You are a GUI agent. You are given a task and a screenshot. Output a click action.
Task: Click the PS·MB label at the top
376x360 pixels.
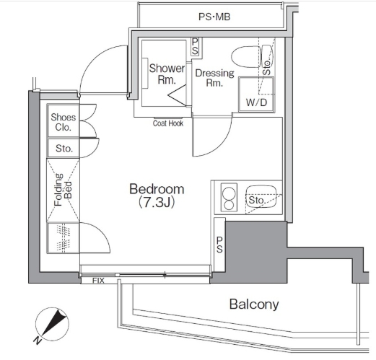214,17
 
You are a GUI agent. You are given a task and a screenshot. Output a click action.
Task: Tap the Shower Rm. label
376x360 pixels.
167,74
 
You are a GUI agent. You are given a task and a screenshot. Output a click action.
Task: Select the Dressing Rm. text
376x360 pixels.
214,78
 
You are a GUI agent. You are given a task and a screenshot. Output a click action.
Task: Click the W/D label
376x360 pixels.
256,102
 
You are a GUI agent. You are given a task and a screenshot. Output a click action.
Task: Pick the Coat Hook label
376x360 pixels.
168,123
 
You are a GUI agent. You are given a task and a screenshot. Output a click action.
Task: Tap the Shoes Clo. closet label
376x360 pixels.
63,122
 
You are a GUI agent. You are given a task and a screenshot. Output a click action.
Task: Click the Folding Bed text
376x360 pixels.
63,190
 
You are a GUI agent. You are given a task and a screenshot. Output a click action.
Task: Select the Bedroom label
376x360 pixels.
157,189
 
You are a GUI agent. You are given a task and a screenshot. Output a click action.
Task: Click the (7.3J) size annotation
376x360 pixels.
157,203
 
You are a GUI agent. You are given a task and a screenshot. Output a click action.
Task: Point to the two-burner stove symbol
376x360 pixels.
229,198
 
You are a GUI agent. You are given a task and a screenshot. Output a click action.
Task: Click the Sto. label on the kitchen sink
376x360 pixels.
257,200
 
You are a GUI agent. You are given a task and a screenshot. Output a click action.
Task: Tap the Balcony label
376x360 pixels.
254,304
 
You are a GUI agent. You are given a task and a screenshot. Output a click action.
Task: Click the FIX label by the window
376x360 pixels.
98,281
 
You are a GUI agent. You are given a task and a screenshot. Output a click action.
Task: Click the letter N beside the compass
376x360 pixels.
38,341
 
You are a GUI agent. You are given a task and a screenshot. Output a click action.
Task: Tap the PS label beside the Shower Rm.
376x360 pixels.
195,47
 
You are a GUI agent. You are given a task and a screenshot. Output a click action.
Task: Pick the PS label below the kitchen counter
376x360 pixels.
219,245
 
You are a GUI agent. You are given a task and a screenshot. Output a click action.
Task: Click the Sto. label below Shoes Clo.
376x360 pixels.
64,149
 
